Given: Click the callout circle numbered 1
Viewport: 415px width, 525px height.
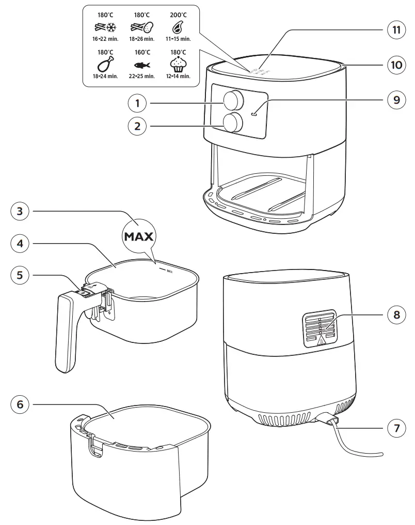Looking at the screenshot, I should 137,103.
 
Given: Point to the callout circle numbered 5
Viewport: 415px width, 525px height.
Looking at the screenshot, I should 19,275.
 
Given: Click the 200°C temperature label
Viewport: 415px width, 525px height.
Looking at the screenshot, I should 178,15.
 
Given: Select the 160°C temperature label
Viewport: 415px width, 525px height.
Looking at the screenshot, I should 142,52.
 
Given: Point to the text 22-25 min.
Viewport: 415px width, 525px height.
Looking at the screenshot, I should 142,76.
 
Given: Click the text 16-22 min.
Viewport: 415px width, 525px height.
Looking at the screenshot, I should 106,39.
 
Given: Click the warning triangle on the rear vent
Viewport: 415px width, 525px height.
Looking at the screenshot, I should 322,340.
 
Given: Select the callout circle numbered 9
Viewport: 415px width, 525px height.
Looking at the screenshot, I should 396,100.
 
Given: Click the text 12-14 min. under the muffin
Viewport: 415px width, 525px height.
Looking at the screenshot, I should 178,76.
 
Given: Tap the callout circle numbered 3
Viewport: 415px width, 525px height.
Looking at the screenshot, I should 19,211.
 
